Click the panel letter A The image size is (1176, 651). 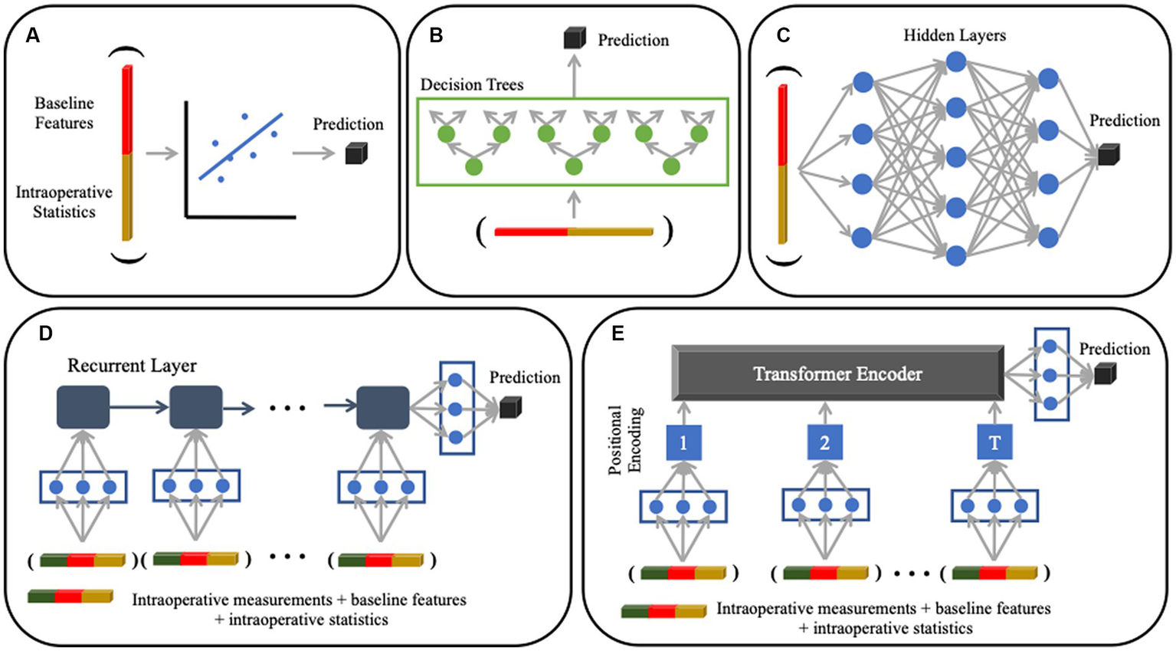[x=33, y=35]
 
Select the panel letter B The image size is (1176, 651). [x=436, y=35]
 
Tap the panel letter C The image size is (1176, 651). [x=783, y=35]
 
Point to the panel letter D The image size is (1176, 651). [x=46, y=334]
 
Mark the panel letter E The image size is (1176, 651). [x=617, y=334]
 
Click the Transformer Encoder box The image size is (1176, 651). [x=837, y=373]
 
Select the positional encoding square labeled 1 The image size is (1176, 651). [x=683, y=442]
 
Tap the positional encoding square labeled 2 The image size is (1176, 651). [x=824, y=442]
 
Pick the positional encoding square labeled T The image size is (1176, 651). [x=994, y=442]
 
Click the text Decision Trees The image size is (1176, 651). [x=472, y=84]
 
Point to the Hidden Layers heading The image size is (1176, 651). [x=955, y=35]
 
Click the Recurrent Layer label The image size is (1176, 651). [x=132, y=366]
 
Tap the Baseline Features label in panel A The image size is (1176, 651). [x=64, y=113]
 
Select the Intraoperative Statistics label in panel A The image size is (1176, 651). [x=64, y=202]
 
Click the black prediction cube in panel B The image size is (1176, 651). [x=575, y=38]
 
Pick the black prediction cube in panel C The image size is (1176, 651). [x=1109, y=155]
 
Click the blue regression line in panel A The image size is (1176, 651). [x=241, y=146]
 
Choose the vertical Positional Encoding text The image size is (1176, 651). [x=625, y=440]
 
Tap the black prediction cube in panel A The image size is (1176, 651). [x=356, y=154]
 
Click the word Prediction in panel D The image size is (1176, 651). [x=525, y=377]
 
